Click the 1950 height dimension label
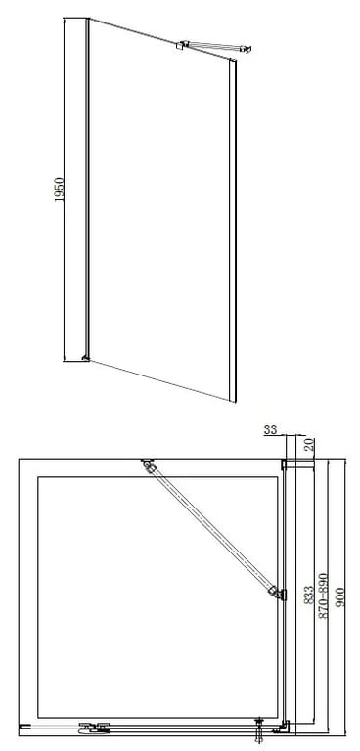pyautogui.click(x=59, y=190)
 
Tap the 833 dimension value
pyautogui.click(x=309, y=595)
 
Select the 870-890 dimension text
pyautogui.click(x=324, y=596)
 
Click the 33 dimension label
pyautogui.click(x=271, y=430)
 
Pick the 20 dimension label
pyautogui.click(x=310, y=445)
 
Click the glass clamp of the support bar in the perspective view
pyautogui.click(x=182, y=45)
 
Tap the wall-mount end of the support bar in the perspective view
pyautogui.click(x=247, y=48)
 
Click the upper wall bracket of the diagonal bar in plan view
pyautogui.click(x=147, y=464)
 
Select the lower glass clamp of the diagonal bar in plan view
pyautogui.click(x=278, y=594)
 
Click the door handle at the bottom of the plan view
pyautogui.click(x=95, y=728)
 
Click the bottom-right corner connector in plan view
pyautogui.click(x=282, y=728)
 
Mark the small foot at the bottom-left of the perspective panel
pyautogui.click(x=86, y=357)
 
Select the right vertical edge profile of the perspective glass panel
pyautogui.click(x=233, y=231)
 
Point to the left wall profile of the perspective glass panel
pyautogui.click(x=88, y=189)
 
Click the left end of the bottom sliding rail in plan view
pyautogui.click(x=22, y=727)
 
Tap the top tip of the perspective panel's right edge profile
pyautogui.click(x=233, y=60)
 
